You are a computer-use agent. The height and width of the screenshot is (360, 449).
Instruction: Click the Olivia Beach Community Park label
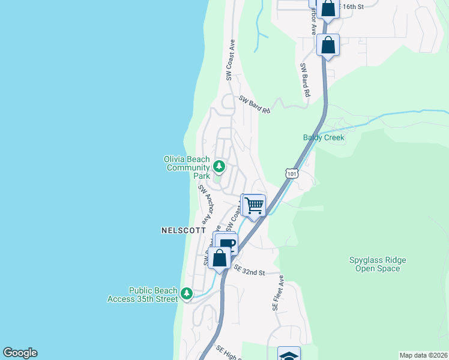click(188, 167)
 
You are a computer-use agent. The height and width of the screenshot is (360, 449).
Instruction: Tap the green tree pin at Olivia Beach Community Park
click(219, 166)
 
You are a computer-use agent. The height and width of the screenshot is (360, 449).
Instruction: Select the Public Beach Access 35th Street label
click(142, 295)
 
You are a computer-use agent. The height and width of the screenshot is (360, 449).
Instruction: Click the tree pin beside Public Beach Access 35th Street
click(187, 293)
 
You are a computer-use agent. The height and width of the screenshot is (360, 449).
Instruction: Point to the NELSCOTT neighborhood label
click(184, 230)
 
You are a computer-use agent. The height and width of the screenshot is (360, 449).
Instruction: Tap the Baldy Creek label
click(324, 137)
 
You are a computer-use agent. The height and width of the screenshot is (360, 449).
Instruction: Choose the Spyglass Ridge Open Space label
click(378, 264)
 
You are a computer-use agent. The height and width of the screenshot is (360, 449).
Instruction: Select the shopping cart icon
click(254, 206)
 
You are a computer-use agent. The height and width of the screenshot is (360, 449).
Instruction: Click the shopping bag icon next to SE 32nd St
click(220, 259)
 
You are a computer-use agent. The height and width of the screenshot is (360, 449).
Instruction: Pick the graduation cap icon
click(289, 355)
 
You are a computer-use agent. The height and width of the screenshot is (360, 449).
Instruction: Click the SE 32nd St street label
click(250, 270)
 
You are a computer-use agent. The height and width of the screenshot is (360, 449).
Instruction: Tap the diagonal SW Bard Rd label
click(255, 104)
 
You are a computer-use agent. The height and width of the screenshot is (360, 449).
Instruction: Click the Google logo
click(20, 353)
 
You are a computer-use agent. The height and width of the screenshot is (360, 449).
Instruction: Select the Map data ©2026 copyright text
click(423, 355)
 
